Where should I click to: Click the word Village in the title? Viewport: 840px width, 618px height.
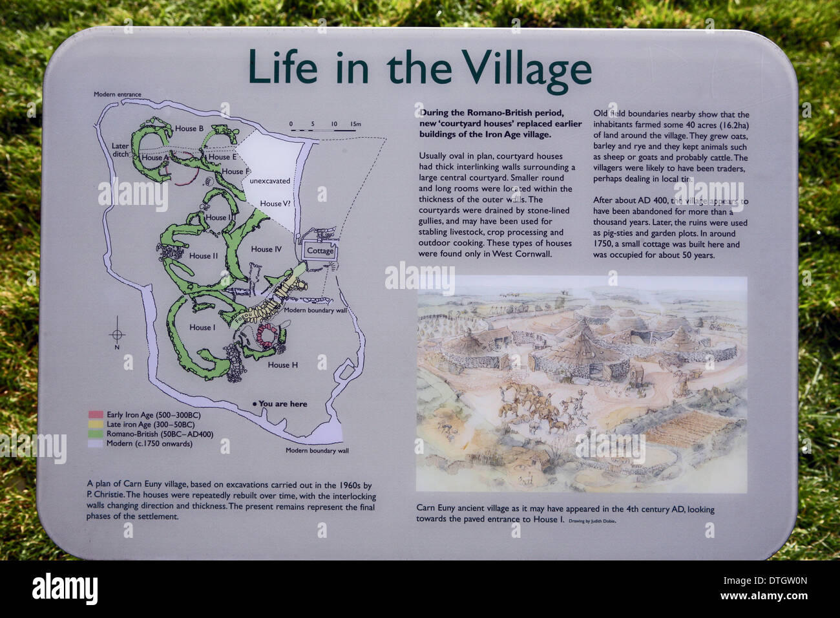point(527,68)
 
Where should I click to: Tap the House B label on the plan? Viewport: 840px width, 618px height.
point(189,129)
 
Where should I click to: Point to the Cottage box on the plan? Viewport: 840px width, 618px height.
point(320,251)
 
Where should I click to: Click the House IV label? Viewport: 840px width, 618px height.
point(266,249)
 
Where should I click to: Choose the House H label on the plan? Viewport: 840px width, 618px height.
point(283,365)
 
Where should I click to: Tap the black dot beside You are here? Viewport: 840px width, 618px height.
point(255,404)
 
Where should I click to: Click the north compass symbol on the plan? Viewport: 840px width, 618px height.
point(117,334)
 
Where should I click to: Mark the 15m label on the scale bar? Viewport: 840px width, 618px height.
point(355,123)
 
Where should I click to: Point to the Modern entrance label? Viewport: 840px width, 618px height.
point(117,94)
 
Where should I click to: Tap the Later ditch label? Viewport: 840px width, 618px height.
point(120,150)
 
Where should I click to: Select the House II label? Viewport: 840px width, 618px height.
point(204,256)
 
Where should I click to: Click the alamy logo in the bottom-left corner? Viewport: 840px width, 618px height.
point(65,589)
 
